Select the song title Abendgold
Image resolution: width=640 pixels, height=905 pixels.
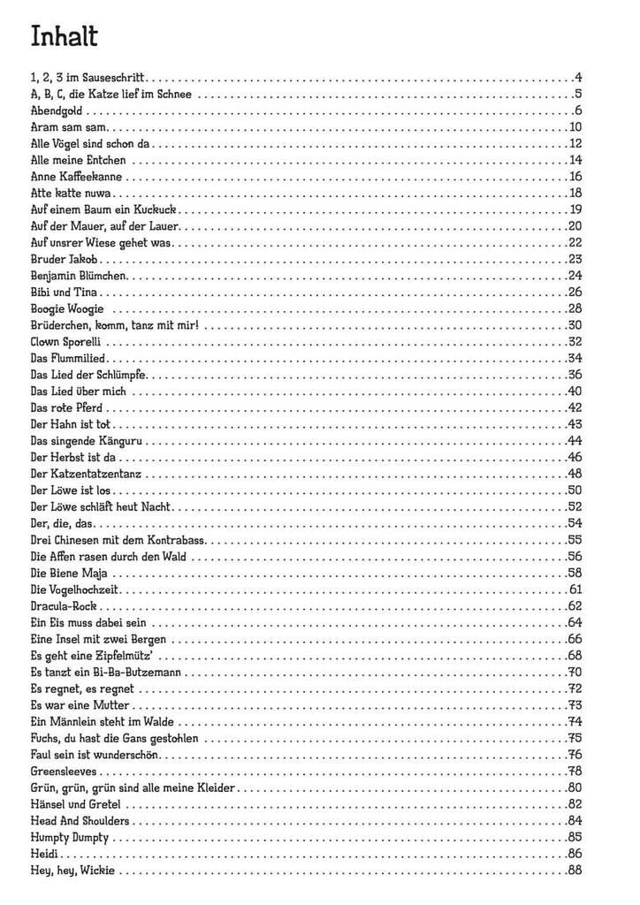(57, 111)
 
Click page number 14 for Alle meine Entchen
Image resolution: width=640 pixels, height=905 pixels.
(575, 160)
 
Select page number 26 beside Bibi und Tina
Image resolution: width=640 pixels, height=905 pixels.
(575, 293)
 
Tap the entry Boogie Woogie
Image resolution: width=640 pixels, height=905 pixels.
(67, 308)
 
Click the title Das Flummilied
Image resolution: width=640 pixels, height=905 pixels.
(68, 358)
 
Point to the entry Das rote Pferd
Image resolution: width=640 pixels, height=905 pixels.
(66, 407)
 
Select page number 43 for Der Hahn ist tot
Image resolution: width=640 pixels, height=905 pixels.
(575, 424)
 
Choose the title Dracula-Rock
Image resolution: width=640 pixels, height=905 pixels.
(65, 606)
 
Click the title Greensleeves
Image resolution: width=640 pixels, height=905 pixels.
(63, 772)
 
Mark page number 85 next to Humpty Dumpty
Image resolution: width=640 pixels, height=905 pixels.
(575, 838)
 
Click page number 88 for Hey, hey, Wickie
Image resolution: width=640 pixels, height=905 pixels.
(575, 871)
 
